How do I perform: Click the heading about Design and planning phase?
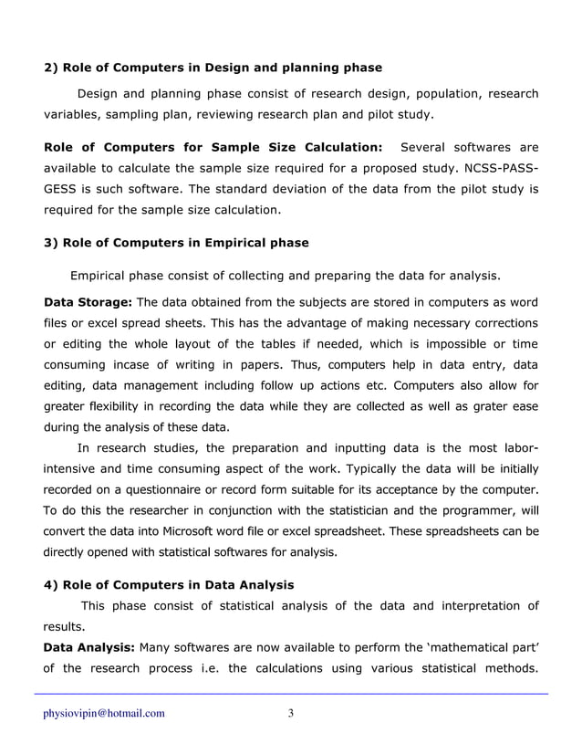[x=213, y=68]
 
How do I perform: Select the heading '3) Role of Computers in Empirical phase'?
[x=177, y=243]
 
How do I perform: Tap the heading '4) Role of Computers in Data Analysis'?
[x=170, y=584]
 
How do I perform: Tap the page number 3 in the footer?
[x=290, y=713]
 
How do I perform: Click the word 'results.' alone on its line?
[x=64, y=627]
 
